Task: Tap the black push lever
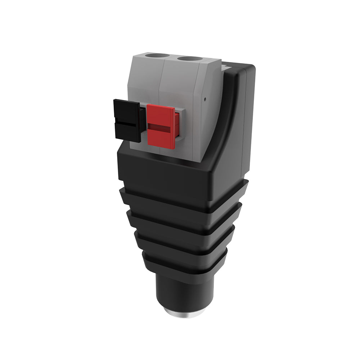coord(127,121)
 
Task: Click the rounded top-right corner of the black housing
coord(251,69)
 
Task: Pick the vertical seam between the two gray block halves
coord(162,83)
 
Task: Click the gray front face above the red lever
coord(176,86)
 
